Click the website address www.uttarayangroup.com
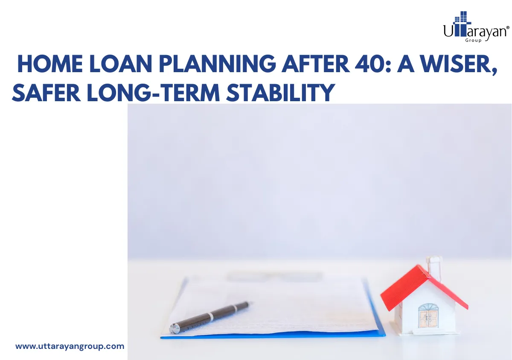(70, 346)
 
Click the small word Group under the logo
(473, 40)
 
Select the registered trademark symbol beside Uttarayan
(507, 27)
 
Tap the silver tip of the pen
(175, 328)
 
